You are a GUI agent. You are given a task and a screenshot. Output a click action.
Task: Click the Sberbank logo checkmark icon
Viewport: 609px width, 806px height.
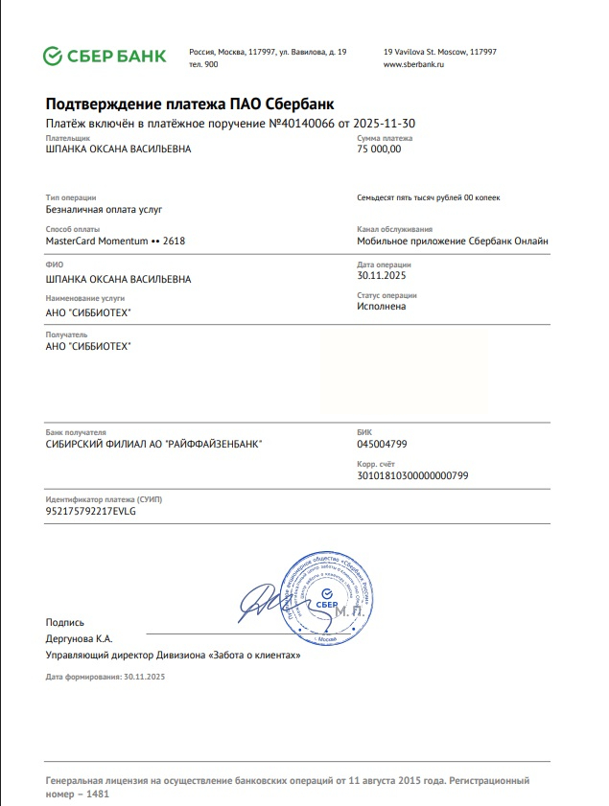pos(53,57)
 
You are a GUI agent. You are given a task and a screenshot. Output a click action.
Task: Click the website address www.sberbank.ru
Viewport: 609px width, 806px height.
pos(413,64)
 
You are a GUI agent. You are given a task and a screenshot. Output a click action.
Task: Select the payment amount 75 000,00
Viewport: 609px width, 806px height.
pos(379,150)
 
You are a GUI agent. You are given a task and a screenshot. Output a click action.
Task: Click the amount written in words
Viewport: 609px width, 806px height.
pos(428,197)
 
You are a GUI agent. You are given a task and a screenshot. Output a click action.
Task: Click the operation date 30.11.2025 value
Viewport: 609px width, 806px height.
pos(383,275)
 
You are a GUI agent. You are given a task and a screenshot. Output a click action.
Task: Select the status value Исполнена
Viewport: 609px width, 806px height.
pos(381,307)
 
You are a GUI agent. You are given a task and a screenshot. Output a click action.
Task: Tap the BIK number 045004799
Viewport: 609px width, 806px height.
pos(382,444)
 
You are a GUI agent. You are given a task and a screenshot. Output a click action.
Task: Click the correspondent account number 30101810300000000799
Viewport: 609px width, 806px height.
pos(412,475)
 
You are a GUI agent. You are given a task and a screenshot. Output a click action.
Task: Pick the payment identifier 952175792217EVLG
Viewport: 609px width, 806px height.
pos(91,511)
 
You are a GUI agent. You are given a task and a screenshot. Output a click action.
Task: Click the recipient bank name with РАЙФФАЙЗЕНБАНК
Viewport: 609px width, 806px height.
pos(153,444)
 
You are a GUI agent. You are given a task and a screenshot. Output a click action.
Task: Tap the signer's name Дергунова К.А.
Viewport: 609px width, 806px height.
pos(80,638)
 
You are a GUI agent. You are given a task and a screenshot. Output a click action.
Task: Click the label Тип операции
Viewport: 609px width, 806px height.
pos(70,197)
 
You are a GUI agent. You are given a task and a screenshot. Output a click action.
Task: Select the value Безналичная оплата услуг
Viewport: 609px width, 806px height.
pos(105,208)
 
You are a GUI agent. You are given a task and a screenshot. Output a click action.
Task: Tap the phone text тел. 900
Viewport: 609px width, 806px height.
pos(203,64)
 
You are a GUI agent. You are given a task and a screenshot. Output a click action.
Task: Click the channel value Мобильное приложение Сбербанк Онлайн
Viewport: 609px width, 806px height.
pos(453,242)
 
